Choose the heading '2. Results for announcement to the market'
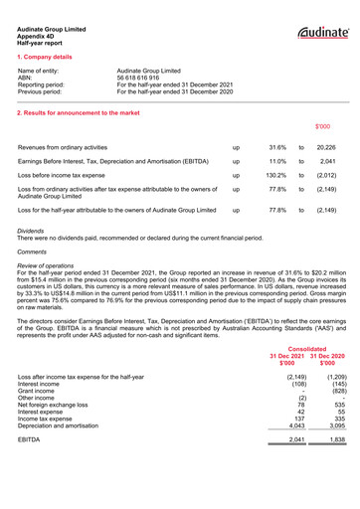coord(79,113)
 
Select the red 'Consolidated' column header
coord(307,349)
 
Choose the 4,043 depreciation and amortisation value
coord(292,424)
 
